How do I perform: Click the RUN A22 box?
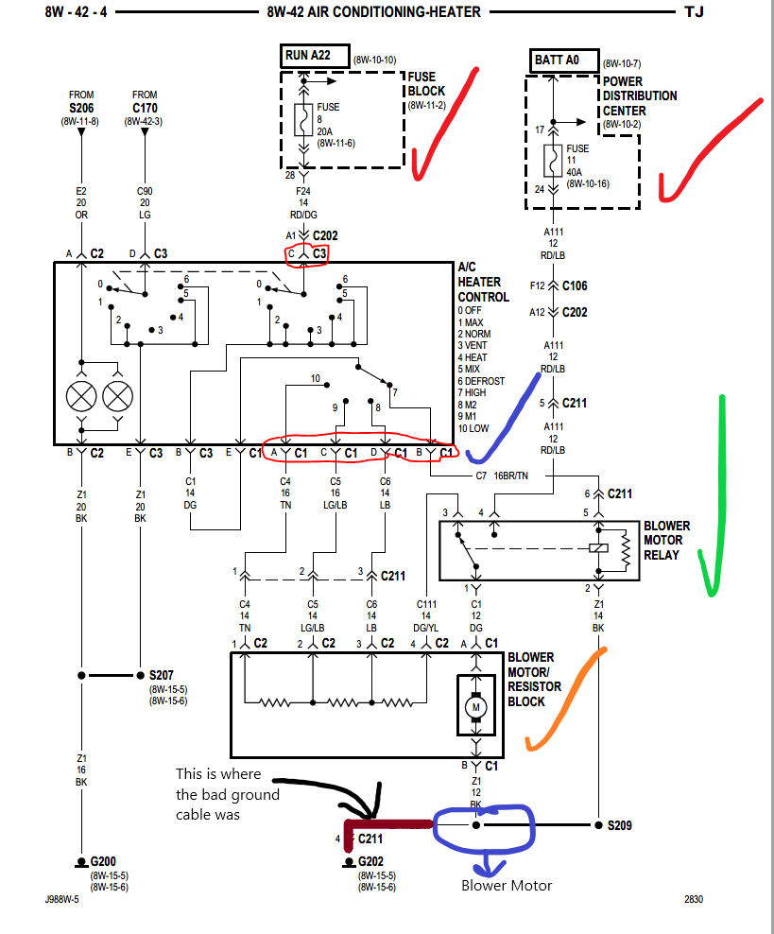[x=316, y=56]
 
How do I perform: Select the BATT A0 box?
[x=563, y=60]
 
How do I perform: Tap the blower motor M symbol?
[x=476, y=705]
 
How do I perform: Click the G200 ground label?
[x=102, y=862]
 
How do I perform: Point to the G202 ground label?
[x=370, y=862]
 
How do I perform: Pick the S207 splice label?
[x=162, y=676]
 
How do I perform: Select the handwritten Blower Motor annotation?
[x=507, y=886]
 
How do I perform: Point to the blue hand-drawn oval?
[x=483, y=826]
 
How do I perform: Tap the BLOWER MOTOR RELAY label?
[x=666, y=540]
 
